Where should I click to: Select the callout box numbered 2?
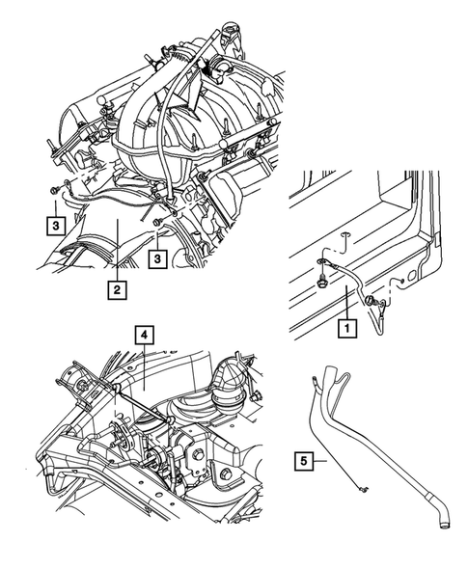point(115,287)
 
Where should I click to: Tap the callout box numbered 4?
point(142,336)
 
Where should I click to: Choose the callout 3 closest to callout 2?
point(157,259)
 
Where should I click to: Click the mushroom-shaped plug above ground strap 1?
point(371,302)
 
